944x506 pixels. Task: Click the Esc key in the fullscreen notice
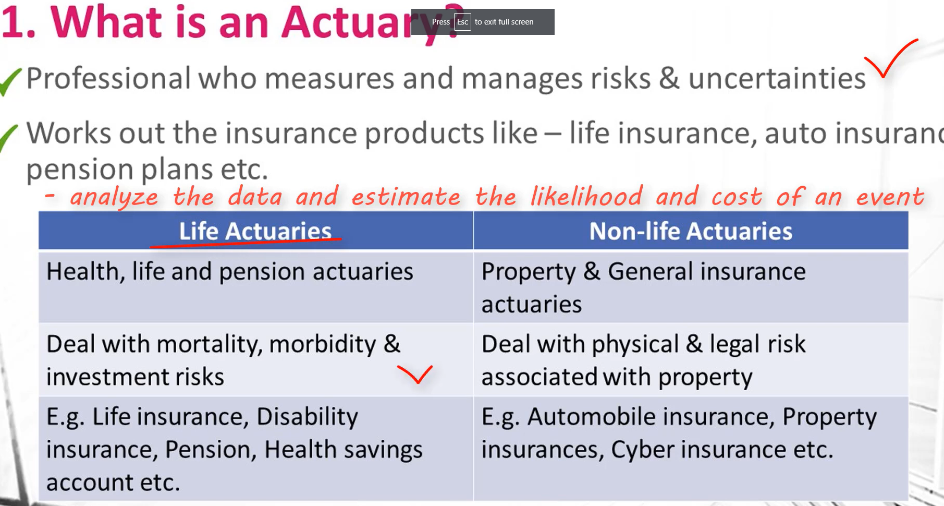coord(462,22)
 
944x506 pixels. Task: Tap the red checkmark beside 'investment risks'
coord(415,374)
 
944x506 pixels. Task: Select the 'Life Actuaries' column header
coord(255,231)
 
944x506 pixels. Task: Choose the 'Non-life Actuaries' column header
coord(691,231)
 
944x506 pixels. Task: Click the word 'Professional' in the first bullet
coord(108,78)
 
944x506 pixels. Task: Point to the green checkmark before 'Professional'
coord(10,82)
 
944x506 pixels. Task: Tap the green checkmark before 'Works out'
coord(9,137)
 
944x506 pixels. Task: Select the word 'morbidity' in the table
coord(322,344)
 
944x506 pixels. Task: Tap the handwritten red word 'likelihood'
coord(586,197)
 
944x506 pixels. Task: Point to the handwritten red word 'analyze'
coord(114,197)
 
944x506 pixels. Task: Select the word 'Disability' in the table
coord(307,417)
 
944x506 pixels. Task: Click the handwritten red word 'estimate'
coord(406,197)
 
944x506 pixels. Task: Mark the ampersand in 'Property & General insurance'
coord(592,271)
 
